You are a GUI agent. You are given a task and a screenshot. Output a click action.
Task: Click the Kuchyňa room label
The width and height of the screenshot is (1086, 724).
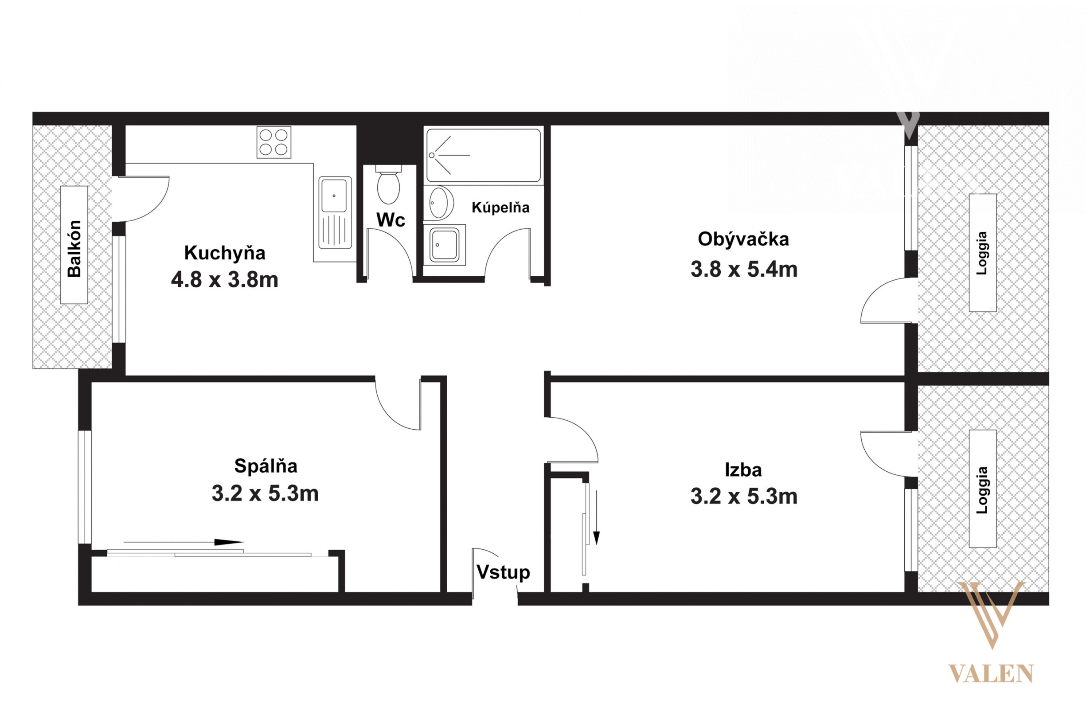click(x=225, y=253)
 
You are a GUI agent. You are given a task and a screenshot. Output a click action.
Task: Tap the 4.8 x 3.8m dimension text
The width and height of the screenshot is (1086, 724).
click(x=225, y=280)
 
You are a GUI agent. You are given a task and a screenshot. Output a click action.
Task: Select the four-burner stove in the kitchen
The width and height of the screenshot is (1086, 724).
click(x=274, y=142)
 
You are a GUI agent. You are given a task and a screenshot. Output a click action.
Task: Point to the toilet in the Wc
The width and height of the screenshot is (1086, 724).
click(x=389, y=184)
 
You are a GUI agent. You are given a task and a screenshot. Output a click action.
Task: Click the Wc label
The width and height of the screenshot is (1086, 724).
click(x=391, y=220)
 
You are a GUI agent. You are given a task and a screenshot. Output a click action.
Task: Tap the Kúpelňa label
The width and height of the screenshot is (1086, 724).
click(x=500, y=208)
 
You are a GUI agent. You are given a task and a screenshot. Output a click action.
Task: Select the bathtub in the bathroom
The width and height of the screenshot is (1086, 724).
click(x=483, y=155)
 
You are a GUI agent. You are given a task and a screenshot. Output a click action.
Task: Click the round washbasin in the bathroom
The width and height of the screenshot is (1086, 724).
click(x=439, y=202)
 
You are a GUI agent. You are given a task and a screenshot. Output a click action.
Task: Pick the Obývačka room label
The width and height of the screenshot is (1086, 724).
click(x=743, y=239)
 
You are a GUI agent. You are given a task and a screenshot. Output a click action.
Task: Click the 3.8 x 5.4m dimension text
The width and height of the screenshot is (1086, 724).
click(x=744, y=269)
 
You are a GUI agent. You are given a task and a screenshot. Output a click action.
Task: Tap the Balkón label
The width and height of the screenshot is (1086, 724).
click(x=74, y=248)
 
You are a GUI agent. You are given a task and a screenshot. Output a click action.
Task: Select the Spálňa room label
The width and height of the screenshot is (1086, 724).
click(x=266, y=466)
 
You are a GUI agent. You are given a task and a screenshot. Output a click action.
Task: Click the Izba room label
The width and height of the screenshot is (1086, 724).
click(x=743, y=470)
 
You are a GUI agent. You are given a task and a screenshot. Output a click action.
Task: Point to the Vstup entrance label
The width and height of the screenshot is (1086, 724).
click(x=503, y=572)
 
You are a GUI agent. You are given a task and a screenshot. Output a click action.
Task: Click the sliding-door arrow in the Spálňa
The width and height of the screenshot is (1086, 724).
click(x=183, y=542)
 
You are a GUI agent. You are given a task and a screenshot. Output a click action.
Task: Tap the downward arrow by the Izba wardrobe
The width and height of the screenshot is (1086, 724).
click(x=596, y=517)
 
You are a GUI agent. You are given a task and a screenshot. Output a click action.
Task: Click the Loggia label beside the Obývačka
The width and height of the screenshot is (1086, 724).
click(x=982, y=253)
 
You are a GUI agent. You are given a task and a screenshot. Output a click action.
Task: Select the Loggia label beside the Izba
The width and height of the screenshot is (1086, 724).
click(x=982, y=490)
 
